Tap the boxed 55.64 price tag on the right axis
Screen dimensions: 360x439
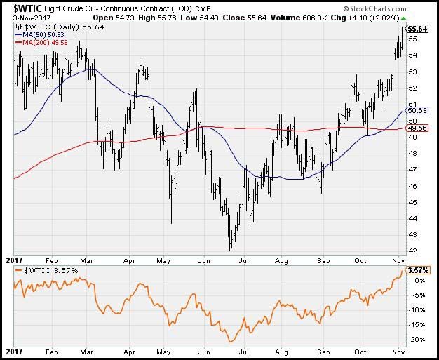point(418,28)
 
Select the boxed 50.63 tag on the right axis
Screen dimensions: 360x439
point(418,110)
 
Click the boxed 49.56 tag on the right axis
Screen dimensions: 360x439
point(418,128)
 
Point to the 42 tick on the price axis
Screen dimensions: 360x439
point(413,251)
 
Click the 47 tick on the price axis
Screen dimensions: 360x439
point(413,170)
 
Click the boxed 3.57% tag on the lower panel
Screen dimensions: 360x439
point(418,270)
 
